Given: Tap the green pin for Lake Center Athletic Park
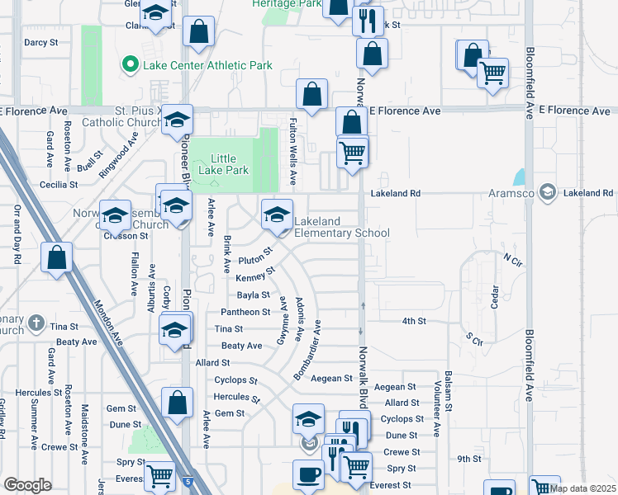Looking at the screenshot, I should click(x=130, y=64).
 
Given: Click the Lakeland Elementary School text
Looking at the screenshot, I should click(x=341, y=227).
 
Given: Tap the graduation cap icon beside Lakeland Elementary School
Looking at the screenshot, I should click(x=278, y=214).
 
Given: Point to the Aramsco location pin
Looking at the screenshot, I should click(x=546, y=193).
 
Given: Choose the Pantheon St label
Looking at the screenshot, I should click(x=245, y=312).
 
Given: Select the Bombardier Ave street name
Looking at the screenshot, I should click(x=308, y=351).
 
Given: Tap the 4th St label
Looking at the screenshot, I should click(x=414, y=321).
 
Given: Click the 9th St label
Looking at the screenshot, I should click(x=469, y=459).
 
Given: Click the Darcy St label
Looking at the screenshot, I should click(x=40, y=41).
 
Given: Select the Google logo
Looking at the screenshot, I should click(x=27, y=485).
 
